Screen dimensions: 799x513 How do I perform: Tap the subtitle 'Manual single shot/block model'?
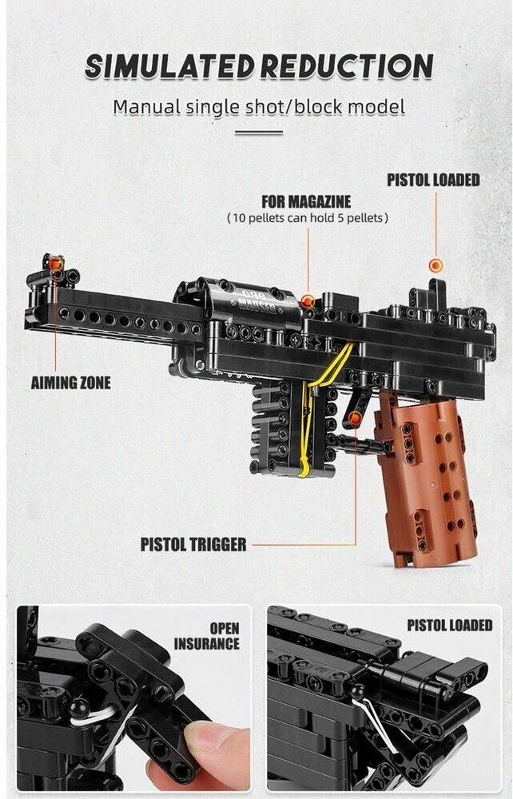click(x=258, y=106)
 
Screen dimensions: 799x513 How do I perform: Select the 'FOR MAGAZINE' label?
click(x=306, y=201)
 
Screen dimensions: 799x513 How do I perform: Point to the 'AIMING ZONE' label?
click(x=70, y=383)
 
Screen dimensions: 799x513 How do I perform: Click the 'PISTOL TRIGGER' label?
click(x=193, y=545)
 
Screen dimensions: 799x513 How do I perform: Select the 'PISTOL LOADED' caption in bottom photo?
click(x=449, y=626)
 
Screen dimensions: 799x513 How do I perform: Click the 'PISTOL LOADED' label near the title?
click(x=433, y=180)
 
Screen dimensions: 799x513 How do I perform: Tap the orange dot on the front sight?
click(x=55, y=264)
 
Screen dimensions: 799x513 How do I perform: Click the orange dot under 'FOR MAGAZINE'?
click(x=307, y=301)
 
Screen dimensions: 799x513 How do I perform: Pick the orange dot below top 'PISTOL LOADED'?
click(x=435, y=265)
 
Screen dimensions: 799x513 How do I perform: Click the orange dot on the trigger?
click(x=355, y=419)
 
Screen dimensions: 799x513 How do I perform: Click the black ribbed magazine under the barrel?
click(x=276, y=427)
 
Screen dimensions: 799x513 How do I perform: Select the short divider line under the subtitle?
click(x=258, y=133)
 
